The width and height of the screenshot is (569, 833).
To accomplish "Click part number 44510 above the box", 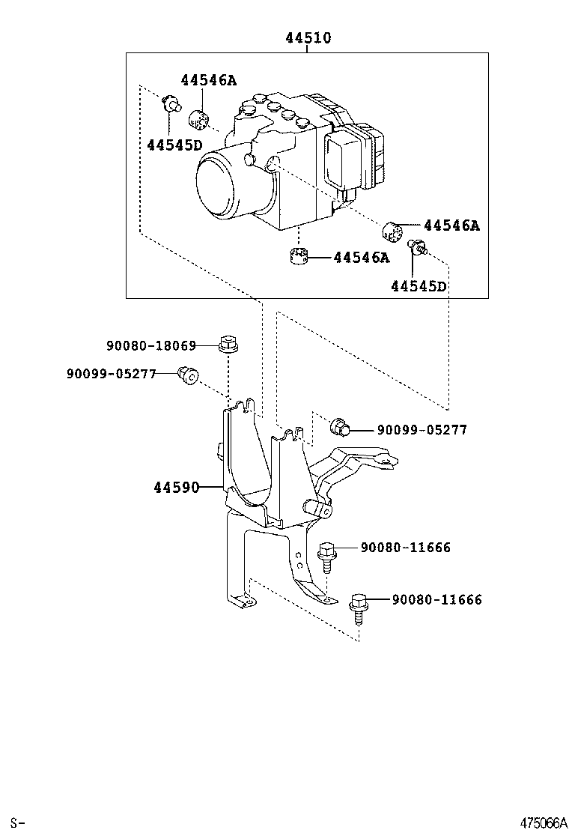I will pos(307,37).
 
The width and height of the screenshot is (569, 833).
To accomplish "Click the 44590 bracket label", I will pos(177,488).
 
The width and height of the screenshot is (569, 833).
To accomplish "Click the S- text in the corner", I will pos(17,823).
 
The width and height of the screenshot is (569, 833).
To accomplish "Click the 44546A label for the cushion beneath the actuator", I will pos(362,258).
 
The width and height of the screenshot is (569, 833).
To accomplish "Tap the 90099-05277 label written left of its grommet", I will pos(112,372).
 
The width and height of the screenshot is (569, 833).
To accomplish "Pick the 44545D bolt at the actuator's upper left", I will pos(171,105).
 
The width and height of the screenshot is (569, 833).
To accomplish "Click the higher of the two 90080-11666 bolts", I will pos(326,553).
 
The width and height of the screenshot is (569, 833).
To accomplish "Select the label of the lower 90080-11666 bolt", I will pos(437,599).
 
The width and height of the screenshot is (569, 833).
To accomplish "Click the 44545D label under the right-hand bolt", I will pos(418,285).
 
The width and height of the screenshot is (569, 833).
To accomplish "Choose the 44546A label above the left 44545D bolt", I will pos(207,80).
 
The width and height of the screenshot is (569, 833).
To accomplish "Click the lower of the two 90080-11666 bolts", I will pos(359,605).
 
